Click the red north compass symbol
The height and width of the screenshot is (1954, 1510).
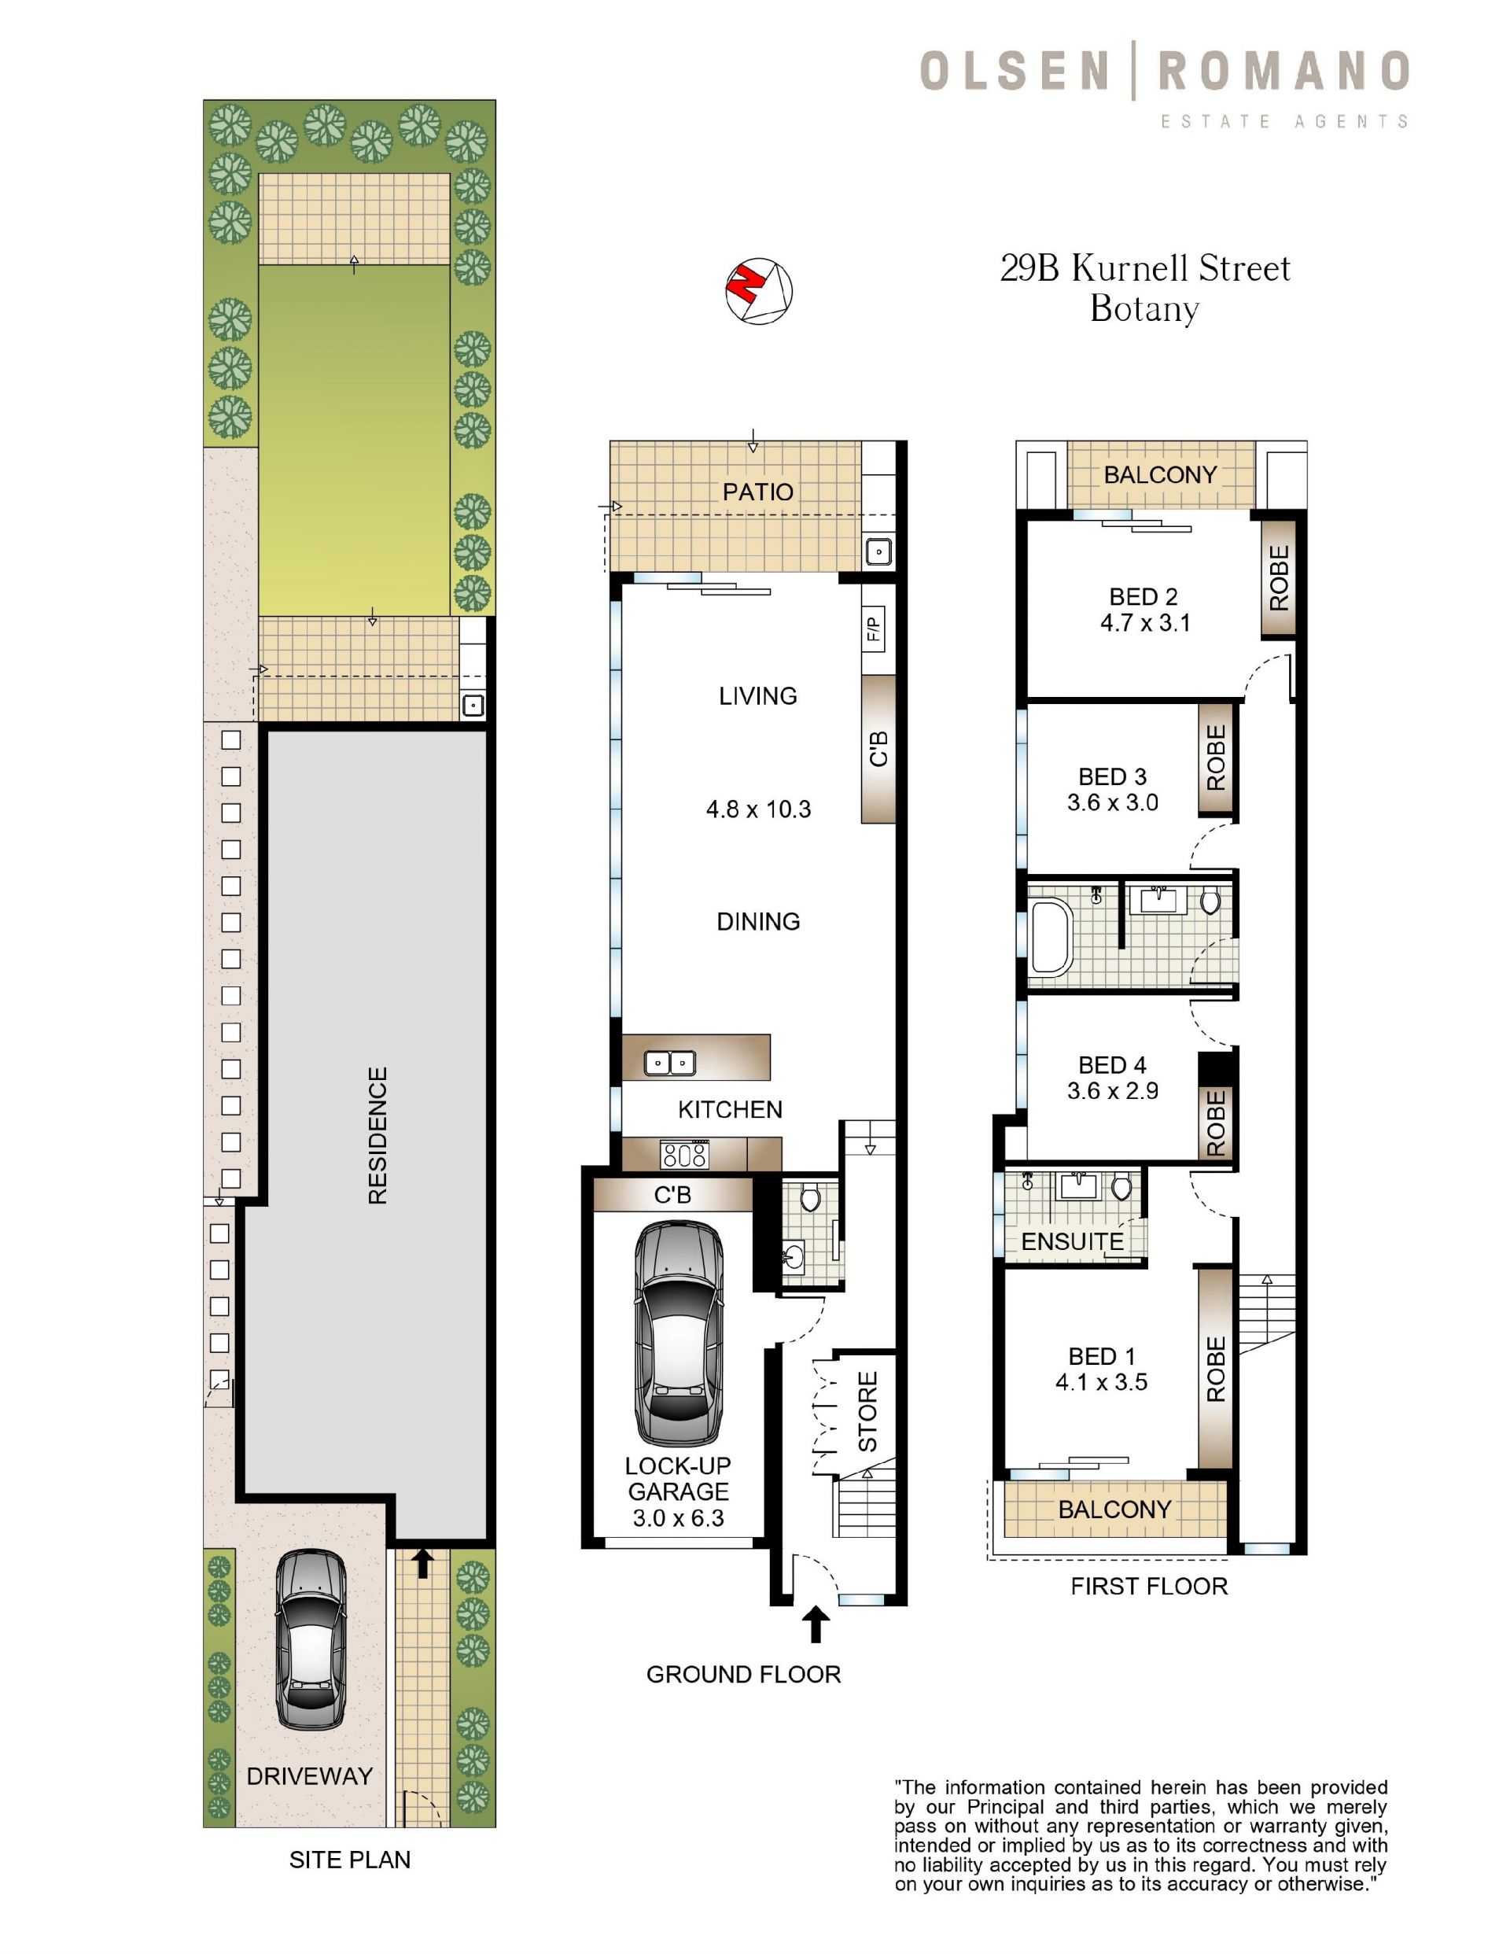[759, 291]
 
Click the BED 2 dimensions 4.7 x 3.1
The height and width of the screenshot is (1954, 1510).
[1145, 624]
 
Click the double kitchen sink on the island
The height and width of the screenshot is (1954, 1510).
[670, 1063]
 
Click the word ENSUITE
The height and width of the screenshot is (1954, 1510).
[1073, 1241]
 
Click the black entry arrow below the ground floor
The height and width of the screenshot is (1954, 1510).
[815, 1624]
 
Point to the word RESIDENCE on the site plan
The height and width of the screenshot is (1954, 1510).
[377, 1135]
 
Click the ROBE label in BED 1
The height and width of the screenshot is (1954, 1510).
[1216, 1370]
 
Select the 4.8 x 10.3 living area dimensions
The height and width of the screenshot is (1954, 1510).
[759, 809]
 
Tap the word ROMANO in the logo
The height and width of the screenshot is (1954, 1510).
[1284, 72]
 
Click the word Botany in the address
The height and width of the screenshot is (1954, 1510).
[1144, 310]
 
